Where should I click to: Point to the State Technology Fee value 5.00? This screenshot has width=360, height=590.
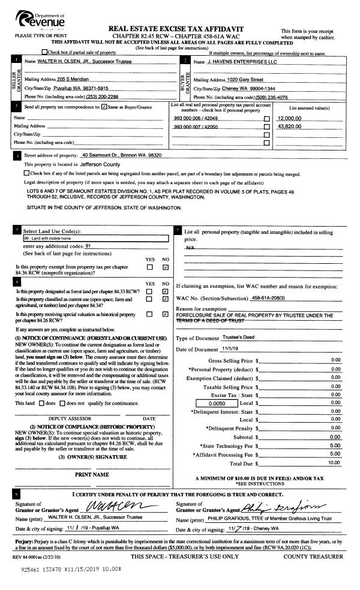[x=335, y=445]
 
